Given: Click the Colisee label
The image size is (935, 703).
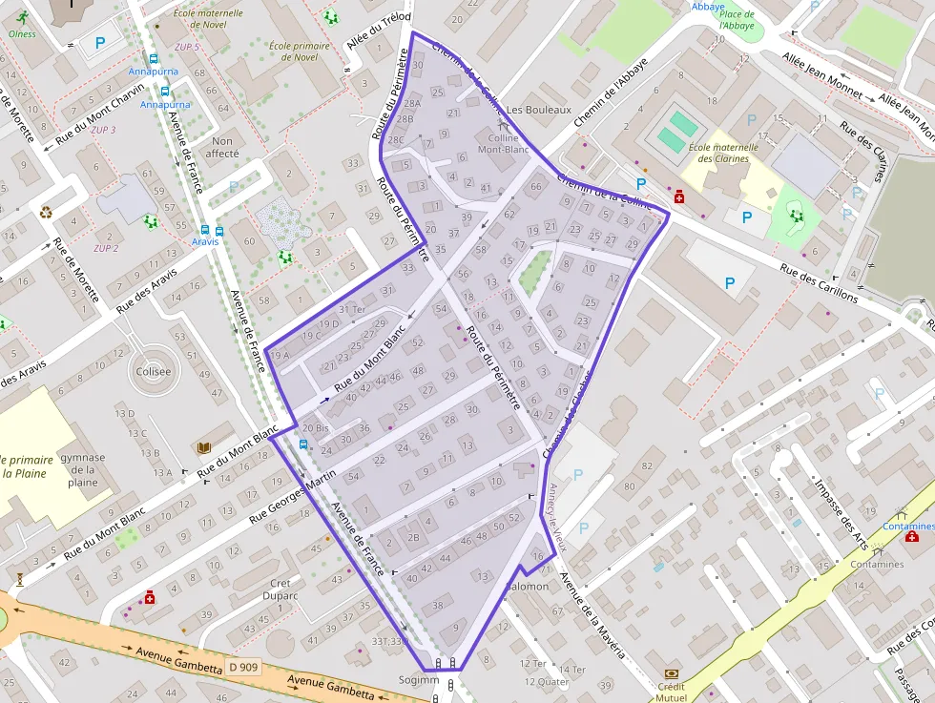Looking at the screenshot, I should point(154,372).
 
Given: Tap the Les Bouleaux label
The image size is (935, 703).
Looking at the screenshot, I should point(538,110).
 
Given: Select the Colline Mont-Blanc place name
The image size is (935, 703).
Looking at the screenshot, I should point(503,144).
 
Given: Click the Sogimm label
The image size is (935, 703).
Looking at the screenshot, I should point(420,680).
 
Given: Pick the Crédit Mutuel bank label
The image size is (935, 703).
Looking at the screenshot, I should point(673,692).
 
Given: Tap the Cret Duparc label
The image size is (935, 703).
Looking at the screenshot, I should point(280,589).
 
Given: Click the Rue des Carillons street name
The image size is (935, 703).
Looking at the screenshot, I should point(819,282).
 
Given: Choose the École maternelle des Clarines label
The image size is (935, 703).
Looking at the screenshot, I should point(722,153).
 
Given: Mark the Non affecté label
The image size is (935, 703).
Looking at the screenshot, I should point(222,147).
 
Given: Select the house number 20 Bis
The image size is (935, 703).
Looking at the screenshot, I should point(315,428).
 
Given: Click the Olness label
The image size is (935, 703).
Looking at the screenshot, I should point(21,34).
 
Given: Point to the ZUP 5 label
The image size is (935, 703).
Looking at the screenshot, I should point(188,47).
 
